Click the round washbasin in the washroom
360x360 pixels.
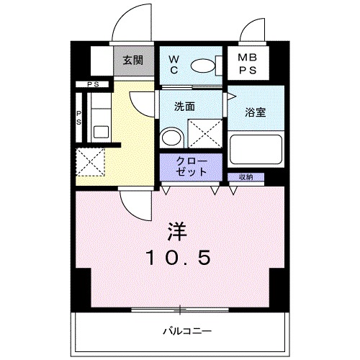[171, 137]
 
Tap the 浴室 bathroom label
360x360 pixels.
[256, 113]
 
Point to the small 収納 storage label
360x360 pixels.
[244, 176]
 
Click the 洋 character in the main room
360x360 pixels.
[179, 230]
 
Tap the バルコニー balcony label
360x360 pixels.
[186, 331]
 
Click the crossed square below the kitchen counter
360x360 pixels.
[91, 160]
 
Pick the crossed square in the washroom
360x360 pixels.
[204, 134]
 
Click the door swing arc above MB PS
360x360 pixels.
[254, 30]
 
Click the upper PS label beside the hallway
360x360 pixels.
[92, 84]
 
